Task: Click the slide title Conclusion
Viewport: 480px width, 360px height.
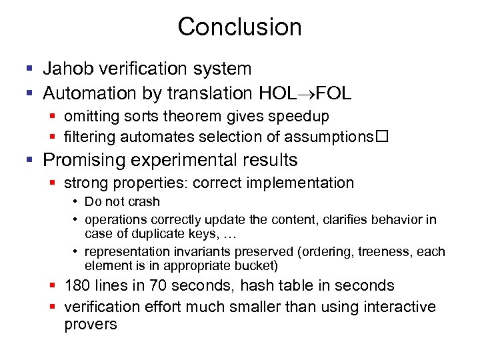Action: click(239, 27)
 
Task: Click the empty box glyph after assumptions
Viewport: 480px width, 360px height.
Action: click(383, 137)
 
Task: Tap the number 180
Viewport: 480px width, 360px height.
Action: click(77, 285)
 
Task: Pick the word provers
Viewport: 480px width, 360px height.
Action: click(91, 325)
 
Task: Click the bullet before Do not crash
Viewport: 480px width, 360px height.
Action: click(77, 202)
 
